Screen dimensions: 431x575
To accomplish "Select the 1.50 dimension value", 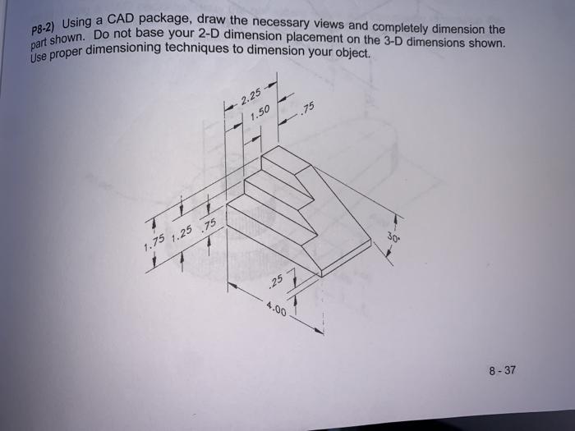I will [260, 117].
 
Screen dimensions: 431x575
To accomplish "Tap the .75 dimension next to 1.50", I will [308, 110].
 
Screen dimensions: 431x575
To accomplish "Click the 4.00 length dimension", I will [276, 309].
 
